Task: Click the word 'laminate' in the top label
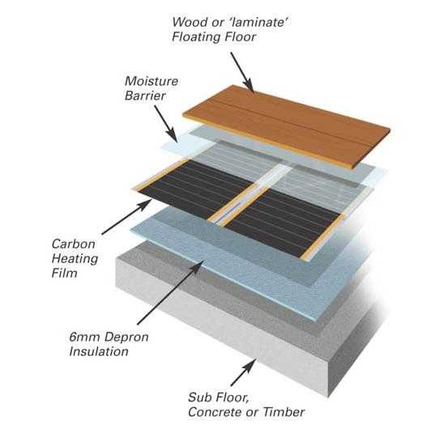[x=258, y=22]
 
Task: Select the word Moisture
[x=151, y=81]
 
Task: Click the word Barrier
[x=145, y=95]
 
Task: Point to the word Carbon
[x=74, y=244]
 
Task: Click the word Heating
[x=75, y=258]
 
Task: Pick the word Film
[x=65, y=273]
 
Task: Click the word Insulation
[x=99, y=351]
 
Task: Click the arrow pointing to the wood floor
[x=242, y=72]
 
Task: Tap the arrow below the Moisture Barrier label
[x=166, y=124]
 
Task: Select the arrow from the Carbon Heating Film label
[x=126, y=217]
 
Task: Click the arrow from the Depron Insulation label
[x=171, y=292]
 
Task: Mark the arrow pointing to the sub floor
[x=243, y=372]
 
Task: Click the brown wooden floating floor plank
[x=287, y=126]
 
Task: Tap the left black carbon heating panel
[x=196, y=189]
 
